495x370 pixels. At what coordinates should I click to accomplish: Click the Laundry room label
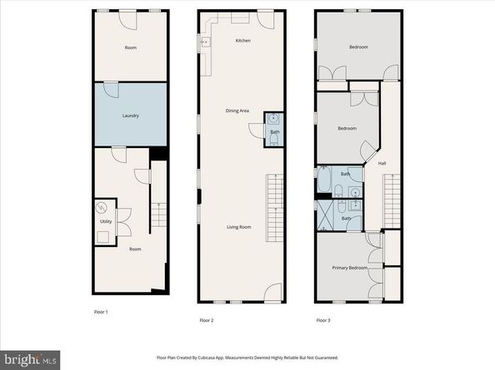tap(130, 116)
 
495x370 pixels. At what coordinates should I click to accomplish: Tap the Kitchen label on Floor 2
tap(242, 41)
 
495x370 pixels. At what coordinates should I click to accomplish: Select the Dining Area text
tap(238, 111)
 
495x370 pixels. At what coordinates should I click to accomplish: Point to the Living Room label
tap(241, 226)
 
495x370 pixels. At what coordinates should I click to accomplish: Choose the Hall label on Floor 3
tap(382, 164)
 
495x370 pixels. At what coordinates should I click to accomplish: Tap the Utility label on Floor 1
tap(106, 220)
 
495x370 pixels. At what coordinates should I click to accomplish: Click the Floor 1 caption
tap(100, 312)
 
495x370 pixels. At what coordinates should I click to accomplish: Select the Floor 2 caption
tap(207, 320)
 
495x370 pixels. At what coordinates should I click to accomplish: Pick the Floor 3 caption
tap(323, 320)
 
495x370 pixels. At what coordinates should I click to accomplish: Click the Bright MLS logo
tap(30, 358)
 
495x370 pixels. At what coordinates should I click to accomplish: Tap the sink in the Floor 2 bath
tap(273, 119)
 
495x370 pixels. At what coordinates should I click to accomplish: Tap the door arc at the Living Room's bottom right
tap(272, 293)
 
